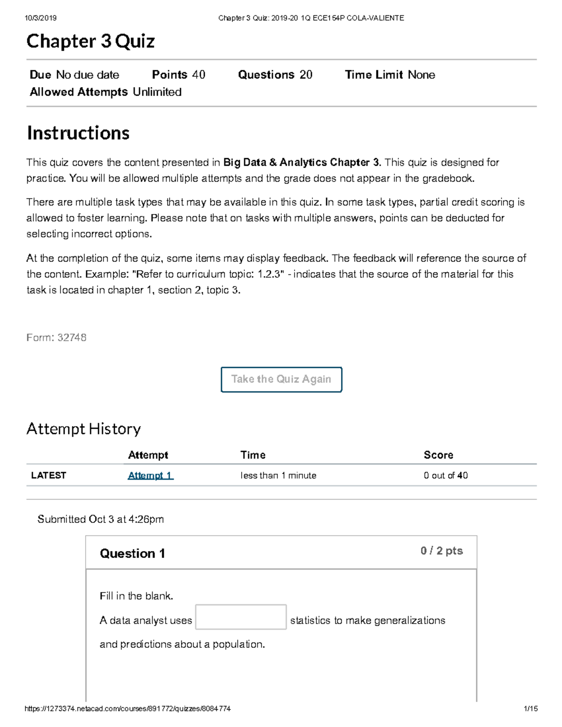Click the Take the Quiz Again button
pos(281,379)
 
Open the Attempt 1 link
pos(150,475)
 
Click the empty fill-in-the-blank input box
pos(241,617)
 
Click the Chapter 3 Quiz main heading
pos(90,41)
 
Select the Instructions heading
pos(78,133)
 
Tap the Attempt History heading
pos(83,429)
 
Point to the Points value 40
pos(199,75)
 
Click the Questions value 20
pos(306,75)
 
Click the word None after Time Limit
pos(421,75)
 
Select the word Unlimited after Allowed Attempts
pos(157,92)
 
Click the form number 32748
pos(72,338)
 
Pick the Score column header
pos(438,455)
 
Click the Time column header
pos(253,455)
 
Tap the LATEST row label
pos(48,475)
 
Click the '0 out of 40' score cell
pos(445,475)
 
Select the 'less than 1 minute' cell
pos(278,475)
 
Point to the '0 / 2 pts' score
pos(441,551)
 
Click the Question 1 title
pos(132,553)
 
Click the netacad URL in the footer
pos(127,709)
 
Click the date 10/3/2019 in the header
pos(41,18)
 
